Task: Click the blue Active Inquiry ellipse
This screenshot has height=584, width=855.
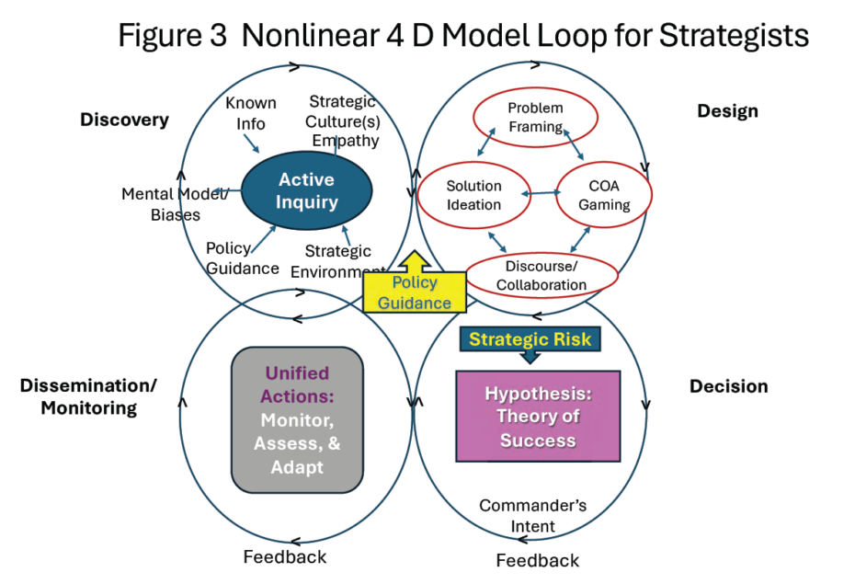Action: (x=306, y=190)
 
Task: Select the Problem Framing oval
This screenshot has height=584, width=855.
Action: (x=535, y=117)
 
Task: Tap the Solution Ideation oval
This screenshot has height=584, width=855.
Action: (x=473, y=195)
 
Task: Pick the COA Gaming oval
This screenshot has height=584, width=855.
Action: (x=604, y=195)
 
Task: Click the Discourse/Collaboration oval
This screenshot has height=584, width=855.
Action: (x=541, y=275)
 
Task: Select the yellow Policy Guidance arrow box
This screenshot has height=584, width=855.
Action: (x=415, y=291)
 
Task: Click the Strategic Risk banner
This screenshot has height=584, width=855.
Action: (x=530, y=339)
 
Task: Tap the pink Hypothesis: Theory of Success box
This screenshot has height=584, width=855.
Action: (x=538, y=416)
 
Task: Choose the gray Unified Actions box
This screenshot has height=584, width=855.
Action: (x=297, y=419)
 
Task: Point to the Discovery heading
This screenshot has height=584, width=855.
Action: (x=124, y=120)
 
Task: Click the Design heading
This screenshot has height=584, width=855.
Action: (x=727, y=111)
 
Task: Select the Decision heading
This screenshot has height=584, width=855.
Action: (x=728, y=386)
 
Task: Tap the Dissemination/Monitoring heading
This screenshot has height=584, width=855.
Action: (x=88, y=396)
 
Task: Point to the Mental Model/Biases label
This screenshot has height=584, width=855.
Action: (x=176, y=204)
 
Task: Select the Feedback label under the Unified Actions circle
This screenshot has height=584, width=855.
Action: (x=284, y=556)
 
